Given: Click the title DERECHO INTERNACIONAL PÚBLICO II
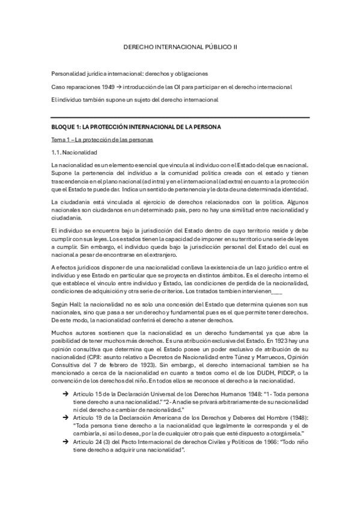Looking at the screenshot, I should coord(180,46).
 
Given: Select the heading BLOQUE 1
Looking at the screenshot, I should coord(136,127).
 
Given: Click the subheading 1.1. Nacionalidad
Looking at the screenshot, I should coord(71,152).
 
